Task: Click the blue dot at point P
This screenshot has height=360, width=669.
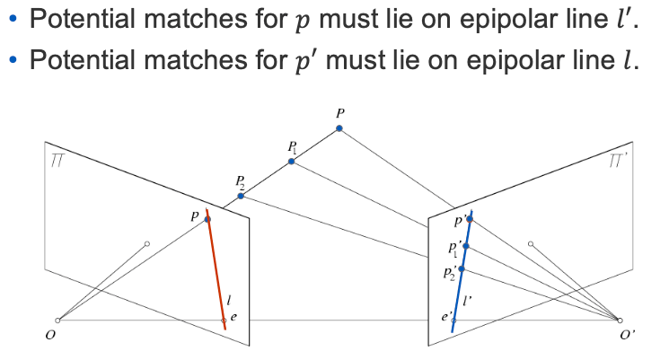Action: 339,128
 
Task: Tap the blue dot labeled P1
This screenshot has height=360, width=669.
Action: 292,162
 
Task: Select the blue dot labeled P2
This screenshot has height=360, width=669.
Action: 241,195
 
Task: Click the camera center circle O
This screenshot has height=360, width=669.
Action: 57,320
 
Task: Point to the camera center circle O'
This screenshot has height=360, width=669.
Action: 619,320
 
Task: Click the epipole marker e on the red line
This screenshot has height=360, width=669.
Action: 224,320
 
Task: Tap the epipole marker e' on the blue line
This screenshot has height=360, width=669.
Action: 454,320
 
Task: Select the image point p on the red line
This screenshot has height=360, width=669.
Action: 207,219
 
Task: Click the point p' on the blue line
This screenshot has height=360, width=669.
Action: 469,219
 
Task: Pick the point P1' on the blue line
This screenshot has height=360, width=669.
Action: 465,246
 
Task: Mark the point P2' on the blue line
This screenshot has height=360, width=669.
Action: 462,268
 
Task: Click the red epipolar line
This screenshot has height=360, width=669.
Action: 216,269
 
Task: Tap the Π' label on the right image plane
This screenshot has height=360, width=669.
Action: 618,162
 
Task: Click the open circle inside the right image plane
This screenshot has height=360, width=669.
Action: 531,244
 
